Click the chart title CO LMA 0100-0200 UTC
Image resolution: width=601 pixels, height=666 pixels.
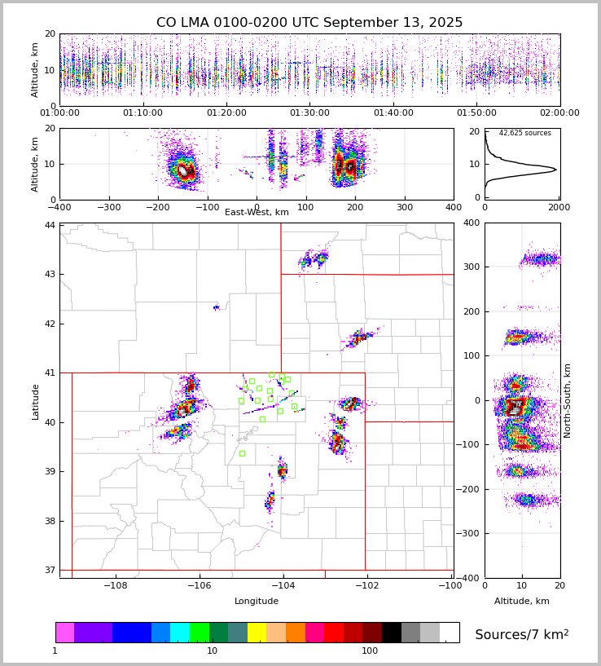pos(309,23)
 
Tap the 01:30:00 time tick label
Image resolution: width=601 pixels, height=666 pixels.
pos(309,113)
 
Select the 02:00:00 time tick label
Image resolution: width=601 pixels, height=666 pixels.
pos(559,113)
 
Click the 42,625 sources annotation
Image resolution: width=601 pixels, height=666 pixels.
pos(524,133)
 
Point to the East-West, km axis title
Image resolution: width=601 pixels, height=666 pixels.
pos(257,213)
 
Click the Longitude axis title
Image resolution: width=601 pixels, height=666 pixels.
pos(257,602)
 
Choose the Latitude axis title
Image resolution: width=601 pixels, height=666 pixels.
pos(36,401)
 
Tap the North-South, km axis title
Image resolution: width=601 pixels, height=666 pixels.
pos(568,401)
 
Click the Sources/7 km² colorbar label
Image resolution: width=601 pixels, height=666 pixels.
pos(522,634)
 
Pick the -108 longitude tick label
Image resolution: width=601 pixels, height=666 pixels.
pos(115,585)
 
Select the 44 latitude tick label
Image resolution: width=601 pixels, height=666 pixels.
pos(50,225)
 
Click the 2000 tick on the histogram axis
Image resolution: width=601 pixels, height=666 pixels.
pos(559,207)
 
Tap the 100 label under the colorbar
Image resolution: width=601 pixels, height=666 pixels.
pos(370,651)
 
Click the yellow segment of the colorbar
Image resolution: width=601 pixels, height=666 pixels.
pos(257,633)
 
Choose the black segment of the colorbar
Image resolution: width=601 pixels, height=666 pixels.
pos(392,633)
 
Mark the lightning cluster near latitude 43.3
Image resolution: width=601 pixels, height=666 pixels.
pos(314,260)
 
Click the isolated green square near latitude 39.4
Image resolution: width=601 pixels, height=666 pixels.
pos(242,453)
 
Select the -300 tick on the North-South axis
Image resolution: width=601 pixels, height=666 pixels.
pos(470,534)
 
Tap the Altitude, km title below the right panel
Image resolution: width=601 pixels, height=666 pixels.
pos(522,602)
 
